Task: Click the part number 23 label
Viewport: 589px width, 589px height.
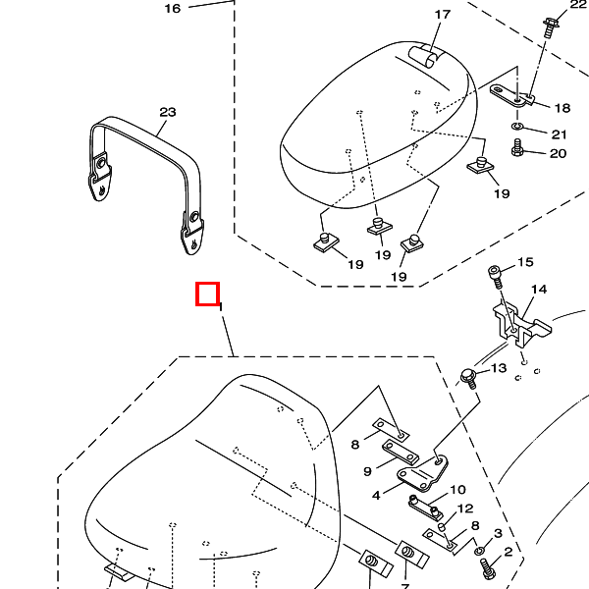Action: pos(168,112)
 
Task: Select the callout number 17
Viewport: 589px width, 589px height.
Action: pos(442,15)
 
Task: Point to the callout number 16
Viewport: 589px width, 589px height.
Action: pos(173,8)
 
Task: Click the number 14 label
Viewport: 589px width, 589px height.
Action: pos(539,290)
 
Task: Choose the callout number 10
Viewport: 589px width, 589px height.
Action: pos(457,489)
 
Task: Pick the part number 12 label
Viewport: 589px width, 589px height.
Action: pos(465,509)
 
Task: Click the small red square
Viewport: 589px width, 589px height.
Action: pos(207,294)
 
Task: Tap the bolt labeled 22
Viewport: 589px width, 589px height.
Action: pos(548,25)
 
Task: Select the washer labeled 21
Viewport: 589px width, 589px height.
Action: pos(517,128)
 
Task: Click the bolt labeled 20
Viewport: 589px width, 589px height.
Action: pos(519,150)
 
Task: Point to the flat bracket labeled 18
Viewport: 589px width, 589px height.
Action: pos(511,94)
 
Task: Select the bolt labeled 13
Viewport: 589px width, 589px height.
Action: pos(470,376)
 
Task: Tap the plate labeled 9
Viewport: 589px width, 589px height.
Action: pos(402,452)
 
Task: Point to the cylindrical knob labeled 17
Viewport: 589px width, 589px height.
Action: pos(430,55)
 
